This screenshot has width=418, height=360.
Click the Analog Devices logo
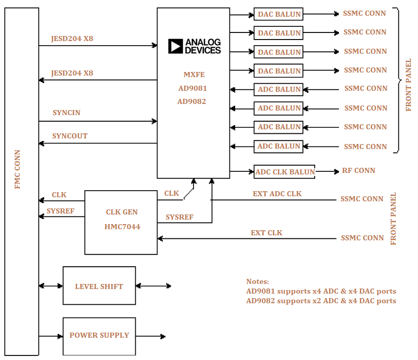(x=195, y=46)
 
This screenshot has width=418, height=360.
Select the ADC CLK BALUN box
(x=284, y=172)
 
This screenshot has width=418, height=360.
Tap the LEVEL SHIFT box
(x=99, y=286)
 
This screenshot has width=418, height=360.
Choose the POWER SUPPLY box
(x=99, y=335)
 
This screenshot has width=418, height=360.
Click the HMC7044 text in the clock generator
(x=122, y=227)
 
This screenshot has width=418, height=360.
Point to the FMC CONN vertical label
(x=18, y=169)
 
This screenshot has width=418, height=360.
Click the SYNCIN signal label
(x=66, y=113)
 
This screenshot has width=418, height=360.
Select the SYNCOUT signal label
(x=70, y=136)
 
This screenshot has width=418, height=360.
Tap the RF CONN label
(x=359, y=171)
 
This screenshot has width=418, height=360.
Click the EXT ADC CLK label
(x=277, y=194)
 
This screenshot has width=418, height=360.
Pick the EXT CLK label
(x=267, y=233)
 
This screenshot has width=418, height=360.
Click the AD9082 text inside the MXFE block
(x=192, y=101)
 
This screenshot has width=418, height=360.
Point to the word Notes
(x=257, y=281)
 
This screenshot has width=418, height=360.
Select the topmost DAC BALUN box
(x=279, y=14)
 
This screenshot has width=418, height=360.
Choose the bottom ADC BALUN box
(x=279, y=147)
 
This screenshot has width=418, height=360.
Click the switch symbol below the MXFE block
(x=188, y=193)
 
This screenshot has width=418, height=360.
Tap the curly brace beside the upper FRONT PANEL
(x=398, y=80)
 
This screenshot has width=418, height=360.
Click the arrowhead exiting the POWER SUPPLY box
(x=163, y=336)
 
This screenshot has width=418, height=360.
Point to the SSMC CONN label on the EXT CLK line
(x=362, y=238)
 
